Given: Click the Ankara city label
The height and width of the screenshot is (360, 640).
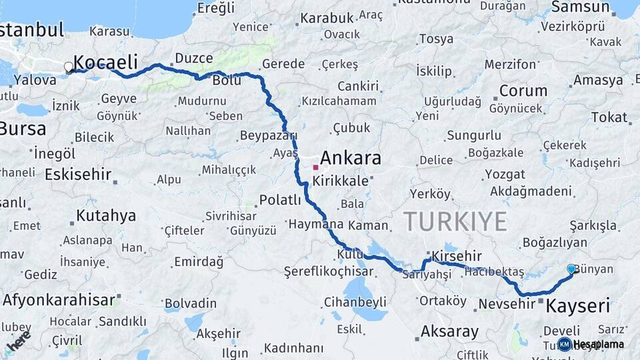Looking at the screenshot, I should [x=351, y=158].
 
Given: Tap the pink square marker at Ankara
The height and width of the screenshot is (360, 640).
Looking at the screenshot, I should [x=315, y=167].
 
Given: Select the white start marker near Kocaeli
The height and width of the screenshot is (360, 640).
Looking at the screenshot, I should [x=69, y=67].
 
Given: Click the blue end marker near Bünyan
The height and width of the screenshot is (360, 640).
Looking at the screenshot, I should [x=571, y=269].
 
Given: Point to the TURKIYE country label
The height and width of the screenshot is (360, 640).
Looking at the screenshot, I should [x=455, y=221].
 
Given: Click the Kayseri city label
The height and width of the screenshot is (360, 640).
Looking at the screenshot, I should [x=577, y=307].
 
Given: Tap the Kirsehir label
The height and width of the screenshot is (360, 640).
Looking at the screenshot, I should [x=456, y=256].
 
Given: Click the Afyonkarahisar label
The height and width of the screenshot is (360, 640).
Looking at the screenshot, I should [x=59, y=300].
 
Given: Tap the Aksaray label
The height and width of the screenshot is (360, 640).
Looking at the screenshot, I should [x=449, y=331].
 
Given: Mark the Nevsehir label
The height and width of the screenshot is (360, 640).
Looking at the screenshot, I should [x=507, y=303].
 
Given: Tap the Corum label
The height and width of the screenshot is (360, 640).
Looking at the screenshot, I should [x=523, y=91].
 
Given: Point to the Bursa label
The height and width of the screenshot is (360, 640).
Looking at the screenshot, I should [x=23, y=128].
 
